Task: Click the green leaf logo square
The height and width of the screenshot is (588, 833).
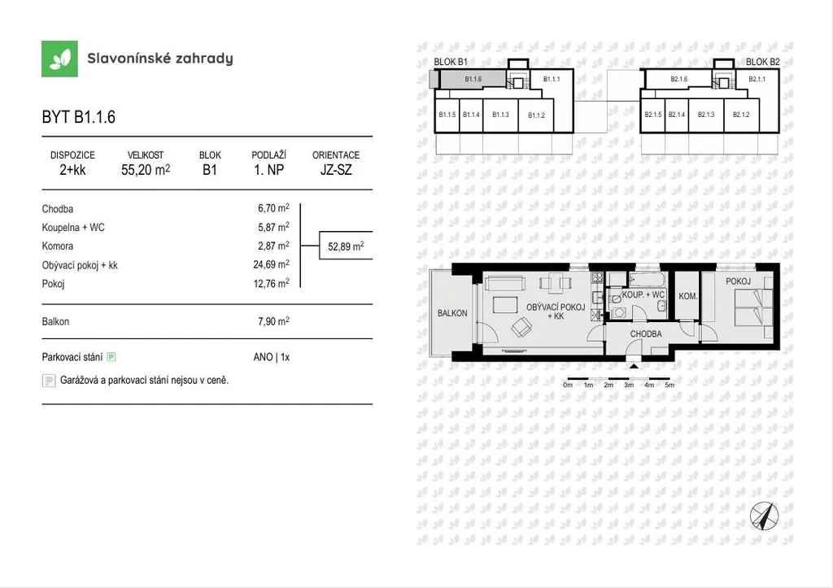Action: coord(59,59)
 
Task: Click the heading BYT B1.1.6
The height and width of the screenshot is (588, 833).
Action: coord(79,117)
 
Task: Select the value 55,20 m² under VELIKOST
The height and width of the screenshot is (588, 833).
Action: coord(146,170)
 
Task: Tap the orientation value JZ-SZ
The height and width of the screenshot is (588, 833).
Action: coord(336,170)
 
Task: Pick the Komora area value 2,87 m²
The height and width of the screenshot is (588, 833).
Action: coord(273,246)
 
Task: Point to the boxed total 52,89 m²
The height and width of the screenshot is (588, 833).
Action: coord(346,246)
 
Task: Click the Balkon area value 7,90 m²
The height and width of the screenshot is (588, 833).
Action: coord(273,321)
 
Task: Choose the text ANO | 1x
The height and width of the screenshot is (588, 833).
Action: coord(272,357)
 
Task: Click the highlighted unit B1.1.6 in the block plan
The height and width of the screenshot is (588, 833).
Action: coord(473,79)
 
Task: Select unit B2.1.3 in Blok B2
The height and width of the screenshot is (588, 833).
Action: coord(706,114)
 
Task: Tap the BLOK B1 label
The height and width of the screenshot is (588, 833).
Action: coord(451,62)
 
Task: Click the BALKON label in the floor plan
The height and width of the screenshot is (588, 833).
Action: coord(452,313)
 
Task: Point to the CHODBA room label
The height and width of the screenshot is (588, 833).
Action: coord(646,334)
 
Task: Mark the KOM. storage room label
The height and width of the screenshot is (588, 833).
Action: coord(688,296)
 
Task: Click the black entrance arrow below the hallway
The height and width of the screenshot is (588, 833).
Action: coord(634,365)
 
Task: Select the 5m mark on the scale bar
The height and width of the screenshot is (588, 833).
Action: coord(669,385)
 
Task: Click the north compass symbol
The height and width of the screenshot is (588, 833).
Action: coord(764,516)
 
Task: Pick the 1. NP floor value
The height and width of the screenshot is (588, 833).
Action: coord(268,170)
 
